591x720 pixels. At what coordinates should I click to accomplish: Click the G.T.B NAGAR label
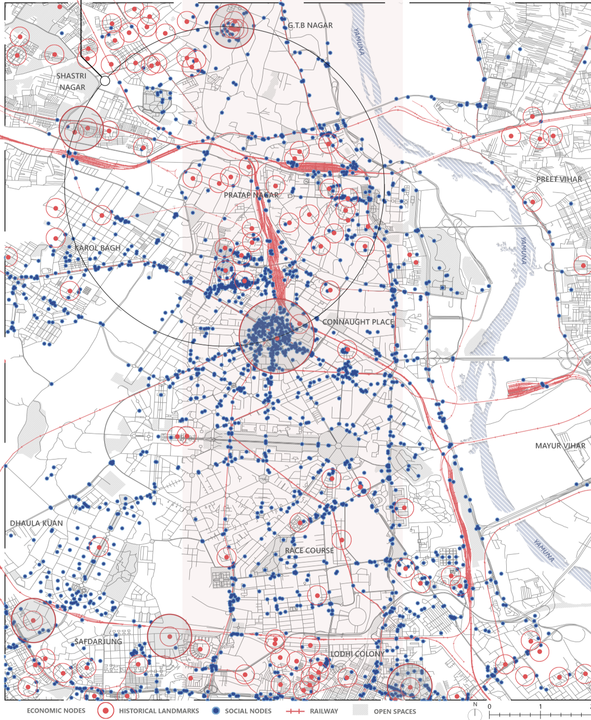point(310,25)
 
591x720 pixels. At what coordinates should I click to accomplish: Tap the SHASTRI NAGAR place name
point(72,82)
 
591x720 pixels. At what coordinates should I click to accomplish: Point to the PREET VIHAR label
point(559,179)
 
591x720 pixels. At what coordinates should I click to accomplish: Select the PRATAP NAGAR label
point(251,195)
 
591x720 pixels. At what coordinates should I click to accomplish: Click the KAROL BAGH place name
point(97,248)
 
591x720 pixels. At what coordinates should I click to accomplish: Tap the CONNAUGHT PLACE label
point(358,322)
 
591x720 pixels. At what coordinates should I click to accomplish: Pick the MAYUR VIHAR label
point(560,446)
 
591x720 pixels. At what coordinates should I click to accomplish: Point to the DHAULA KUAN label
point(36,523)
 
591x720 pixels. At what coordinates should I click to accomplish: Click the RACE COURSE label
point(309,550)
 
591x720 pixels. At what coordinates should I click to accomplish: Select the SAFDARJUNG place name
point(98,642)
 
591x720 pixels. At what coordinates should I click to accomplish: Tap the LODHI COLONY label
point(357,653)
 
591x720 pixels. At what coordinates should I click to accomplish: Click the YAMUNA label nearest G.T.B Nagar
point(359,42)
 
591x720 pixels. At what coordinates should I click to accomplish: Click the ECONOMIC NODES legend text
point(56,711)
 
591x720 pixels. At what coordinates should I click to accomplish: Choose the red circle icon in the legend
point(106,711)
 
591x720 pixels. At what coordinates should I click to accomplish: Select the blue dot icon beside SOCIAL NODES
point(216,711)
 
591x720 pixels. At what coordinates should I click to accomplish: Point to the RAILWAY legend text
point(324,711)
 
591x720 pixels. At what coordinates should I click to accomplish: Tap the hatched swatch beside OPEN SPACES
point(360,710)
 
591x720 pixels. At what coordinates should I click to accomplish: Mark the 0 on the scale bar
point(489,706)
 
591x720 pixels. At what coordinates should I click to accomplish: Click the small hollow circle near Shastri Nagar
point(105,81)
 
